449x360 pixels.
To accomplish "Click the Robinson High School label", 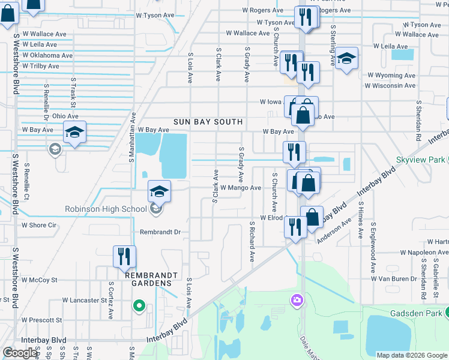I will coord(106,209).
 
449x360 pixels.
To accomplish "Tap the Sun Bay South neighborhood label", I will coord(208,122).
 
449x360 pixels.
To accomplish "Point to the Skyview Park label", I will coord(420,160).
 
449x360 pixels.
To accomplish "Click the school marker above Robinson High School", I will coord(159,191).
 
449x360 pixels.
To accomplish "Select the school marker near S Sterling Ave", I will coord(346,59).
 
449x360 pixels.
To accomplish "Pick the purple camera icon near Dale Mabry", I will coord(297,299).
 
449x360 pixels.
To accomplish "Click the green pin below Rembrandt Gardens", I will coord(139,307).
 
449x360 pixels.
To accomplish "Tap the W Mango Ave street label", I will coord(240,188).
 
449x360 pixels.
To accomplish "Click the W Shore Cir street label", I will coord(38,226).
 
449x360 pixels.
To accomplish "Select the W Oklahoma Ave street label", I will coord(47,55).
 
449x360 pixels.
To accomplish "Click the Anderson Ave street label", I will coord(334,231).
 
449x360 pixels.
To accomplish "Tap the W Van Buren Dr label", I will coord(394,278).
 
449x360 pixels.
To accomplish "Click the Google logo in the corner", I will coord(20,353).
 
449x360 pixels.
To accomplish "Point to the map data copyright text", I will coord(411,355).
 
